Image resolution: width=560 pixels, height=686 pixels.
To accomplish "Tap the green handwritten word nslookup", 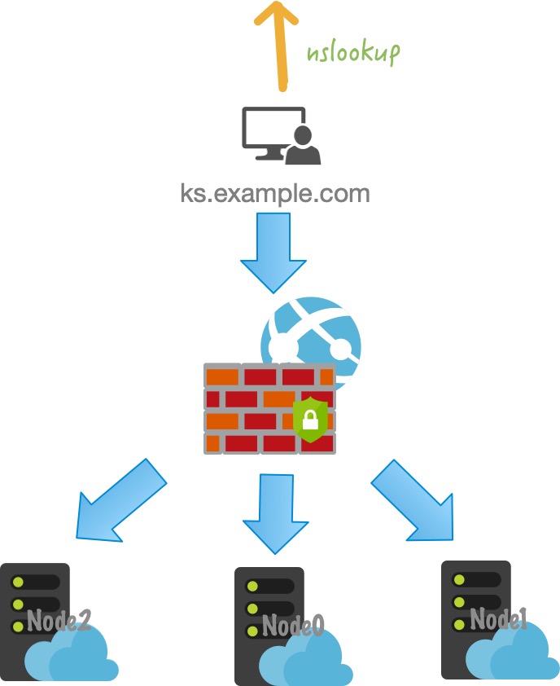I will [353, 53].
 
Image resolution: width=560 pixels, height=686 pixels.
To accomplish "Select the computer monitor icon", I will [269, 130].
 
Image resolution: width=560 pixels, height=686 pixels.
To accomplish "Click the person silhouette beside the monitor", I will [304, 146].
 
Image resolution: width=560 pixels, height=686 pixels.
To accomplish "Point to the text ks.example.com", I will [275, 194].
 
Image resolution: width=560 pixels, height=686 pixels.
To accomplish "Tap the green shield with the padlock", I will [310, 420].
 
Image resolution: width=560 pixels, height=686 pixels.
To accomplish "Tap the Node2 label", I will [59, 622].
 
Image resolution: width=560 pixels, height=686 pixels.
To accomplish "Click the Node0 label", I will [293, 626].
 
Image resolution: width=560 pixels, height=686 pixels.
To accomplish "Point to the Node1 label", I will [499, 620].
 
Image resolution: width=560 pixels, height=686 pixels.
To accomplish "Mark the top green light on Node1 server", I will [458, 579].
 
